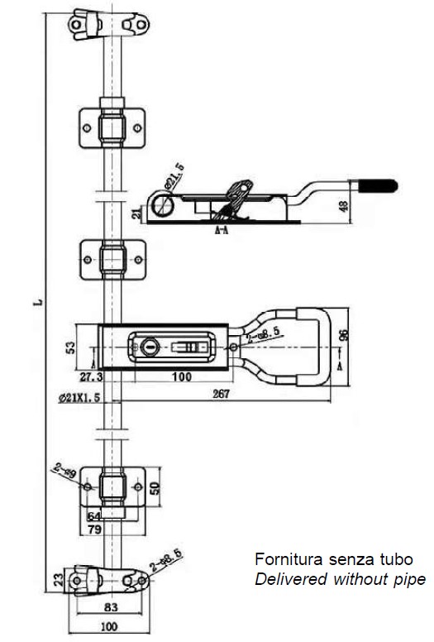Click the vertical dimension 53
point(69,346)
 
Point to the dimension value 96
point(345,335)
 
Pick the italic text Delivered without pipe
point(340,579)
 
